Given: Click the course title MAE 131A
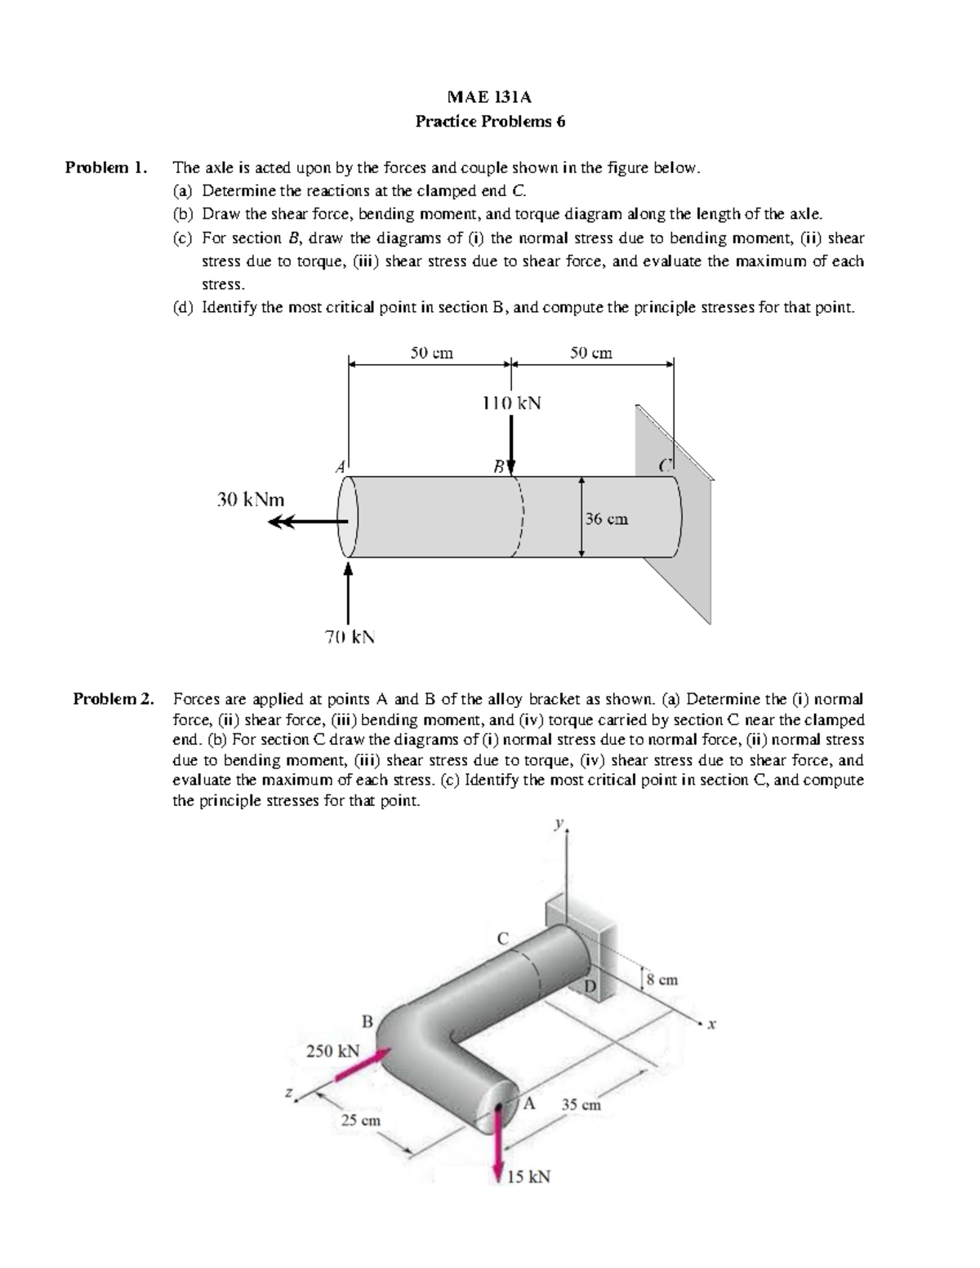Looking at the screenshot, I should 489,97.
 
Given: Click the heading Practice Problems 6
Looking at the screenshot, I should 489,122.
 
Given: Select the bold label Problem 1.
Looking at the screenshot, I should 106,168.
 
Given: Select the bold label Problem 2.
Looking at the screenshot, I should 114,699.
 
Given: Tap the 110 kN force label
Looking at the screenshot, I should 511,403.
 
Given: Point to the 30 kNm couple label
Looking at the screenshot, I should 250,499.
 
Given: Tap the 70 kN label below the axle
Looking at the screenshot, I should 350,637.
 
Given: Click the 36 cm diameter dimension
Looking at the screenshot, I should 606,518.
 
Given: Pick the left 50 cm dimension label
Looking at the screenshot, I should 431,353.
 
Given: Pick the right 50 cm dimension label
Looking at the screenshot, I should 590,353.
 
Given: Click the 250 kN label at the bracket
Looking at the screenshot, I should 332,1051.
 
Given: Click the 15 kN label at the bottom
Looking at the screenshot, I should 528,1177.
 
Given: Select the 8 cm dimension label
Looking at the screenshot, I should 661,980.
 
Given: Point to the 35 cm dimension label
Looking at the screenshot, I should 581,1105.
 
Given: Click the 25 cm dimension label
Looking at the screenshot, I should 360,1120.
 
